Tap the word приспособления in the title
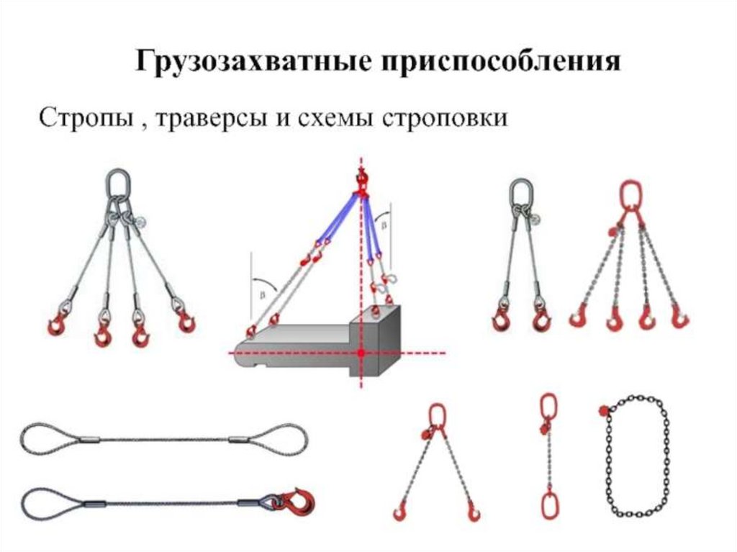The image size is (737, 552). (x=501, y=61)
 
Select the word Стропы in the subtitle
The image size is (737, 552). (x=86, y=118)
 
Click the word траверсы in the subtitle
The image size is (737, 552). (x=212, y=119)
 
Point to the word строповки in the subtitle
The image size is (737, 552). (x=445, y=119)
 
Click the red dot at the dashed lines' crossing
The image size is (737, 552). (x=361, y=352)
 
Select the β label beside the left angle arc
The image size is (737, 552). (x=262, y=295)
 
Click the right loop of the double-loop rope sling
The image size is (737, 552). (x=306, y=439)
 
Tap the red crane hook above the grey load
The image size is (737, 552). (x=362, y=184)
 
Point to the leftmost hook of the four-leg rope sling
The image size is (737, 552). (x=58, y=322)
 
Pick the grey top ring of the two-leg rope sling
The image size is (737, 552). (x=521, y=192)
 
